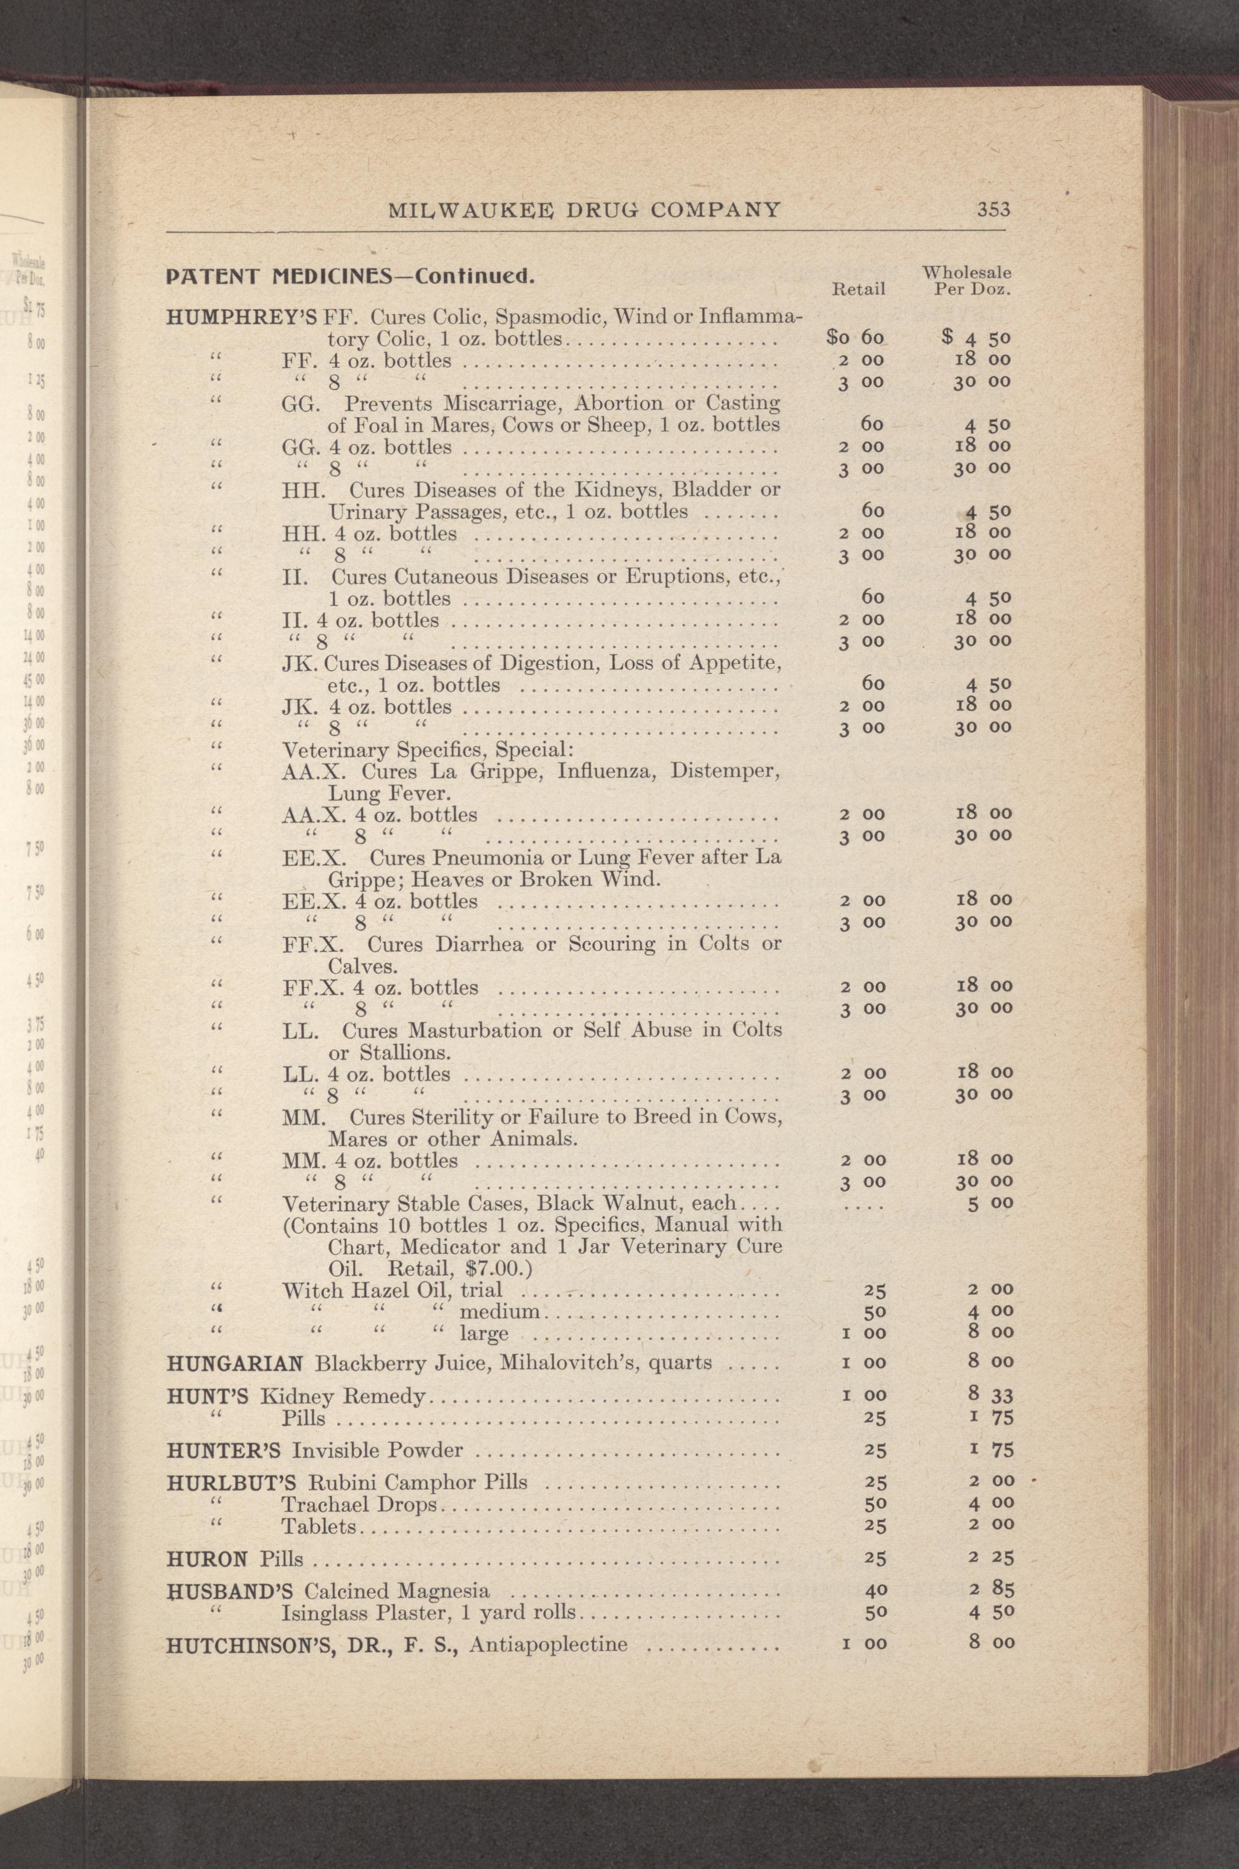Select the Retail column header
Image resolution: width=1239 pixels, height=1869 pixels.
[x=859, y=289]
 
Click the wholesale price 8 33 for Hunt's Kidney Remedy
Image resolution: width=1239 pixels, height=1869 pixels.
[x=991, y=1395]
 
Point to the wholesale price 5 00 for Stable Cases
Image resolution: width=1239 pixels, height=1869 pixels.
[x=991, y=1203]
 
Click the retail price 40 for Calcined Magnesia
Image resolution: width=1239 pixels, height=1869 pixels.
[x=876, y=1589]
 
